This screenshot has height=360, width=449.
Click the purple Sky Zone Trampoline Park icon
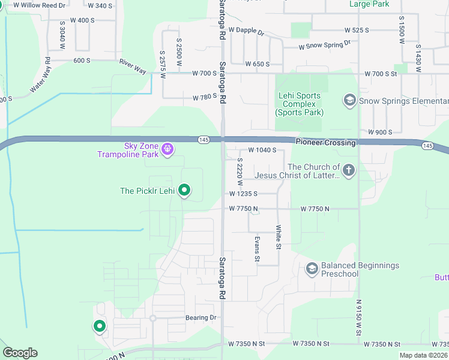pos(167,147)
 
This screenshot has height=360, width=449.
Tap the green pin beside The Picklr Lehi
pos(185,191)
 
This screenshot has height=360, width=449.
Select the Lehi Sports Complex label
pos(300,104)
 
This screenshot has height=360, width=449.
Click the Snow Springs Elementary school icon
pos(349,100)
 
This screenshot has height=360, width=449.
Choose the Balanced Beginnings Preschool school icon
pos(312,269)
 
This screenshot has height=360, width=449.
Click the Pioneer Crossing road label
pos(325,142)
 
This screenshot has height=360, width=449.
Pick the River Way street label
pos(133,67)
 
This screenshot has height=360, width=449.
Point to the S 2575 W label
pos(162,62)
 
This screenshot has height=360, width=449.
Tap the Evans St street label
pos(257,248)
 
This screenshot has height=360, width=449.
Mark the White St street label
pos(279,237)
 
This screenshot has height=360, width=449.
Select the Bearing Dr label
pos(200,317)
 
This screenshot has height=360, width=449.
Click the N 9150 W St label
pos(359,320)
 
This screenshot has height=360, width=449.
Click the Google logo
pos(20,353)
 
